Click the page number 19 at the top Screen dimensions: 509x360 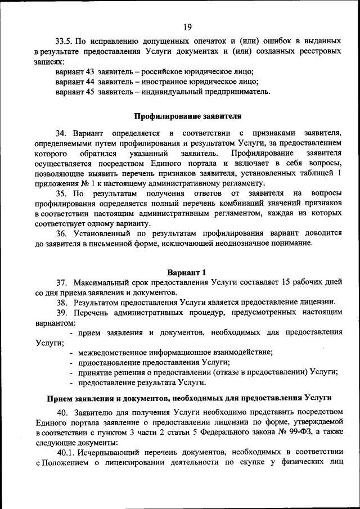tap(187, 25)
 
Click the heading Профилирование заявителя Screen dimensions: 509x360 tap(187, 116)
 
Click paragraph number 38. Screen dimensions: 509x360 tap(62, 302)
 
